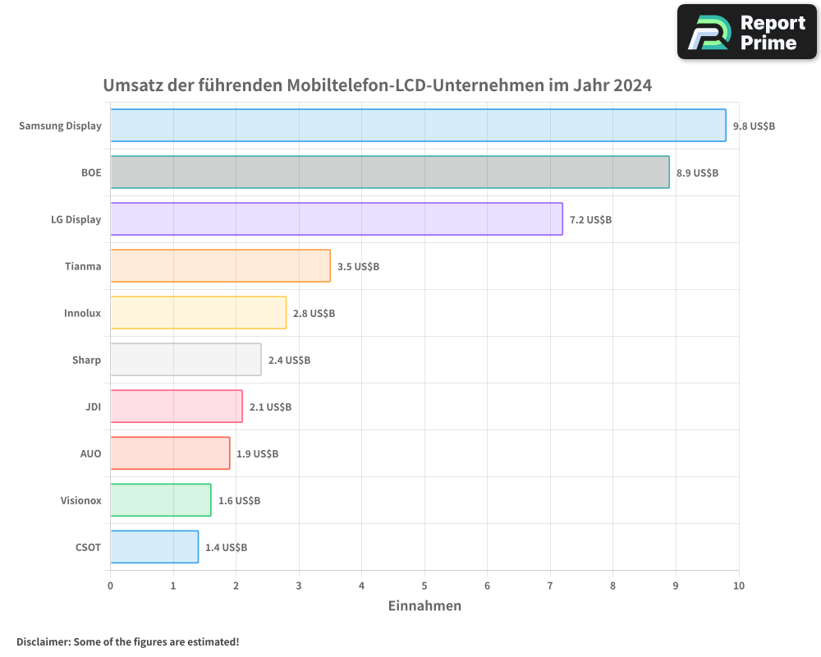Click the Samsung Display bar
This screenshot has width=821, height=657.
point(418,126)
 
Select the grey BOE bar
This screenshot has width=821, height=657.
point(390,172)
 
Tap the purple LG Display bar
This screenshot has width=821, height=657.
point(337,219)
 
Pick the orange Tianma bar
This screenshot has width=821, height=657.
point(220,266)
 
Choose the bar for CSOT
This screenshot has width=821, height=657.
point(154,547)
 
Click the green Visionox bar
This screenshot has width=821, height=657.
point(161,500)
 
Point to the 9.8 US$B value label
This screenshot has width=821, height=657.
point(754,126)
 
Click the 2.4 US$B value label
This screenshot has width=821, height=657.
point(289,361)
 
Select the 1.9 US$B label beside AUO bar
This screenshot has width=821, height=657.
point(257,454)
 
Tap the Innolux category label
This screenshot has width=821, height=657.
point(82,313)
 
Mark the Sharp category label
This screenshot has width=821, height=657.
point(86,360)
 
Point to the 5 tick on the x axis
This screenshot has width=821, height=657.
point(424,586)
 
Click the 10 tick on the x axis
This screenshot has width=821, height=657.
point(738,586)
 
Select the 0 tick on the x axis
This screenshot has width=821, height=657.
point(111,586)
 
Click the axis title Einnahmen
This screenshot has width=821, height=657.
point(424,606)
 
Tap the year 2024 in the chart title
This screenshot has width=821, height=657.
point(632,85)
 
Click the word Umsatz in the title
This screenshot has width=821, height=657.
point(131,85)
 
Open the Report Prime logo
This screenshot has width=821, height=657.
point(746,32)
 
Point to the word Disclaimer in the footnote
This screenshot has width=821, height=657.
point(42,641)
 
